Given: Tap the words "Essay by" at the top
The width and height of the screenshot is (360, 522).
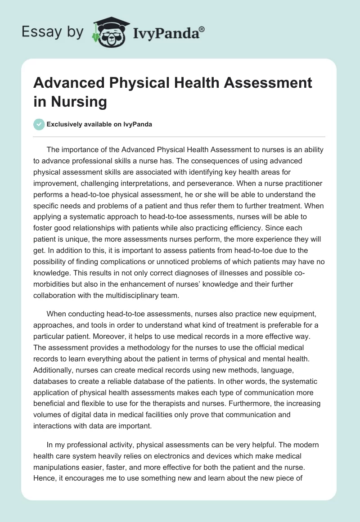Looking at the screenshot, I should pos(52,32).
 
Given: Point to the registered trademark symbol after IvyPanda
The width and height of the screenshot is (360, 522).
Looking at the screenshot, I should pos(202,29).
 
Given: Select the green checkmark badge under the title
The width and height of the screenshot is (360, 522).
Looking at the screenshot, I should pos(39,124).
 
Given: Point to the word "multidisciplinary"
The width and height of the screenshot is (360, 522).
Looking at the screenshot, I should pos(139,295).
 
